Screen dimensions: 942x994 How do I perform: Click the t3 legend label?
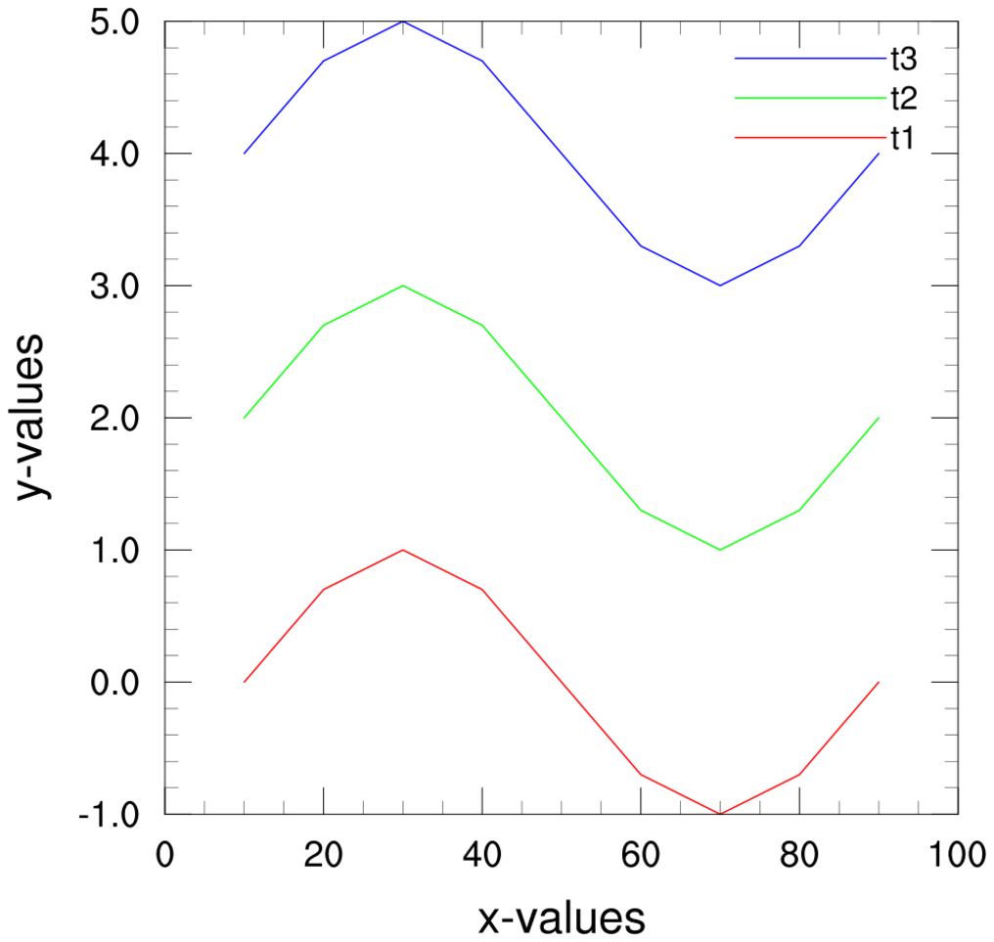(902, 60)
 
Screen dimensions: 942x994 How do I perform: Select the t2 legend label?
(902, 99)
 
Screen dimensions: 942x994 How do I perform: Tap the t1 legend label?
(902, 138)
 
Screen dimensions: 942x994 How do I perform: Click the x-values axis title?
(562, 919)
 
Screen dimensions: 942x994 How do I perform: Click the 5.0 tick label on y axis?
(118, 22)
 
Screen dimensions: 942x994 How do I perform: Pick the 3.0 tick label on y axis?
(118, 286)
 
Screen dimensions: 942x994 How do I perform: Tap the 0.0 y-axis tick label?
(118, 682)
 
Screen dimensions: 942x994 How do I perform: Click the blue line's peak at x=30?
(403, 22)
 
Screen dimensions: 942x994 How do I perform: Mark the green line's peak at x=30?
(403, 286)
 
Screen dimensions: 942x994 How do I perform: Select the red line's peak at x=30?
(403, 550)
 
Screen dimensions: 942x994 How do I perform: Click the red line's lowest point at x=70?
(720, 813)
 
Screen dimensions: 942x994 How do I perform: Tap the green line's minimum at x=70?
(720, 550)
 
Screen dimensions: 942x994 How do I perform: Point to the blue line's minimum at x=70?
(720, 286)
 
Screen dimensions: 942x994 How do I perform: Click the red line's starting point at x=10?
(245, 682)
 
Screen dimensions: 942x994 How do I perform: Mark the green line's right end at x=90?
(879, 418)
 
